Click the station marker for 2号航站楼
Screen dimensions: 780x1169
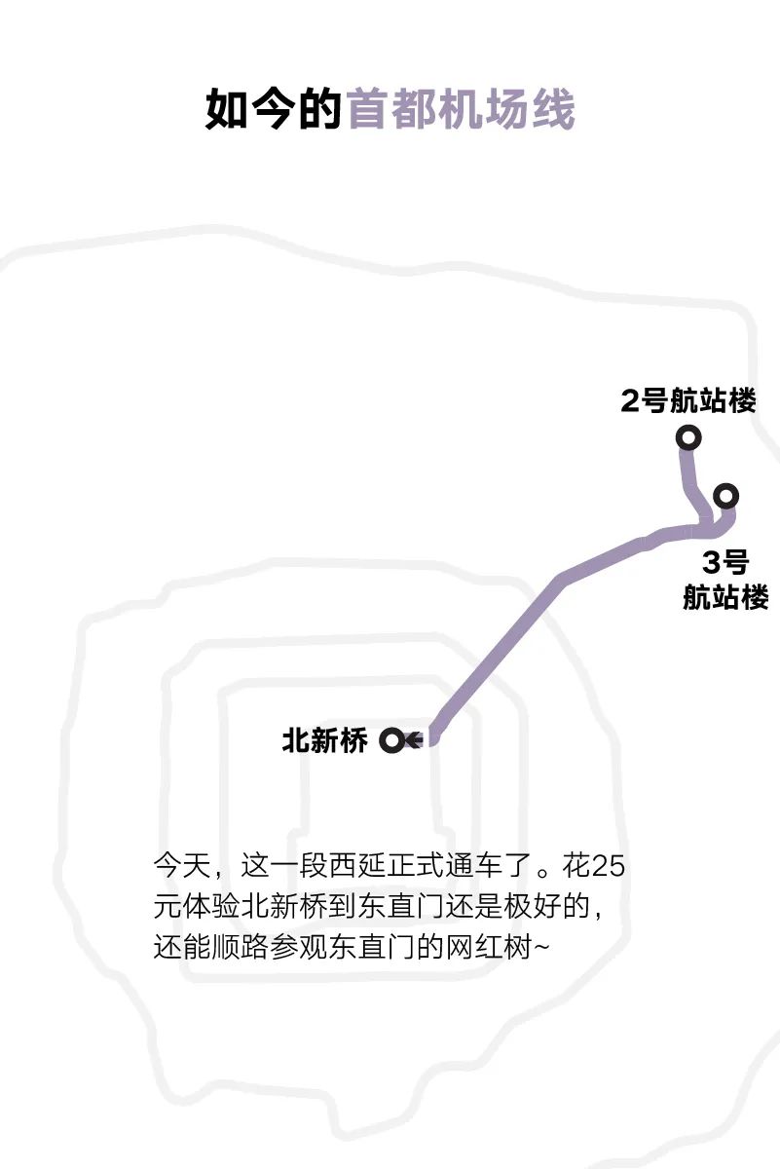coord(688,437)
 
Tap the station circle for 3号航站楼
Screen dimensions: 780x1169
coord(725,495)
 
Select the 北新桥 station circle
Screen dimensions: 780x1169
coord(391,740)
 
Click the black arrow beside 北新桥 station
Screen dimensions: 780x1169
coord(415,740)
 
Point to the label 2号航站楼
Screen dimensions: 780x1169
coord(688,400)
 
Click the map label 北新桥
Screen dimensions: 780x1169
coord(324,740)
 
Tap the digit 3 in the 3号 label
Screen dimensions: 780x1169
coord(710,562)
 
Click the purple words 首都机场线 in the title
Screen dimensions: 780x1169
coord(462,108)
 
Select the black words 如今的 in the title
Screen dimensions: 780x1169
coord(274,108)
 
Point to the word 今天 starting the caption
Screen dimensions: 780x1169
coord(182,866)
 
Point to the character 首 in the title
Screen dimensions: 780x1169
coord(368,108)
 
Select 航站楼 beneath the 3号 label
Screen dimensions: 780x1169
coord(725,596)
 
